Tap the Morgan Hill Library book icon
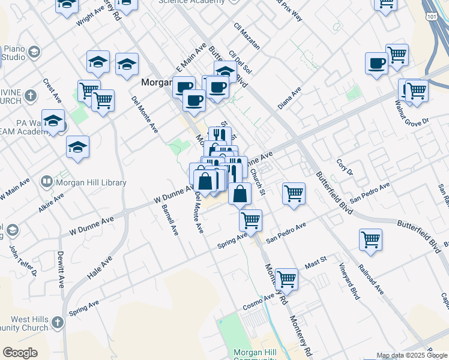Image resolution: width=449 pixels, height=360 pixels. (47, 181)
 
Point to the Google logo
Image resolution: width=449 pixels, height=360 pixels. (20, 353)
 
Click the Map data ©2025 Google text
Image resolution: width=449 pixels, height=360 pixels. (411, 355)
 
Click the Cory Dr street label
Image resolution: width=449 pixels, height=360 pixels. (343, 167)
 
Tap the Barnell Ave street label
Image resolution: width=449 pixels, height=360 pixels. (170, 220)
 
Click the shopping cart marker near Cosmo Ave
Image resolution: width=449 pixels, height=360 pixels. (287, 278)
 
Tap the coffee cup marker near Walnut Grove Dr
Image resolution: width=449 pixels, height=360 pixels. (376, 64)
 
